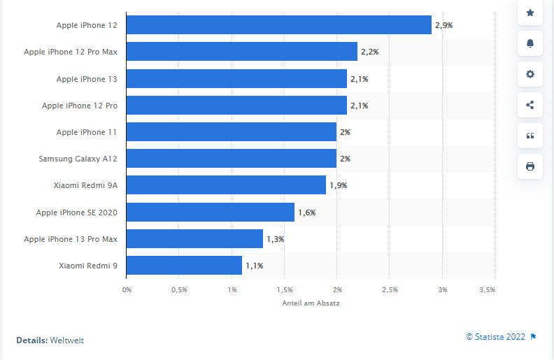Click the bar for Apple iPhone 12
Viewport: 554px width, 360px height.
pyautogui.click(x=278, y=25)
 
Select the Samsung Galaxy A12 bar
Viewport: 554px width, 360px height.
pyautogui.click(x=231, y=159)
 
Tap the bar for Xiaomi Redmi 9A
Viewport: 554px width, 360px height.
pyautogui.click(x=226, y=185)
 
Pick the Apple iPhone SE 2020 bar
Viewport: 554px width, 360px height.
pyautogui.click(x=210, y=212)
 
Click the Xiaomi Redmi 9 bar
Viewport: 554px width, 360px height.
pyautogui.click(x=184, y=266)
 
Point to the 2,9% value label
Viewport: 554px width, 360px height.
pyautogui.click(x=444, y=25)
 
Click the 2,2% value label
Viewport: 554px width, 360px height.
pyautogui.click(x=370, y=52)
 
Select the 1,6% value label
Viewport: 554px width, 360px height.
pyautogui.click(x=307, y=212)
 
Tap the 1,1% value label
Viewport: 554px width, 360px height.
pyautogui.click(x=255, y=266)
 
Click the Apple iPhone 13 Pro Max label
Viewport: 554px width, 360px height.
pyautogui.click(x=71, y=239)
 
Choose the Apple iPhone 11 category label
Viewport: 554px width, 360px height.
pyautogui.click(x=87, y=132)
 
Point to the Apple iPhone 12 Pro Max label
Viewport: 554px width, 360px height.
pyautogui.click(x=71, y=52)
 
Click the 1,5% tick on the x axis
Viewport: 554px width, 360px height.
pyautogui.click(x=285, y=289)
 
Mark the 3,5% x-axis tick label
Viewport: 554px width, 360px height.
pyautogui.click(x=488, y=289)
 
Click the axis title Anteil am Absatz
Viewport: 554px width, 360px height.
pyautogui.click(x=311, y=303)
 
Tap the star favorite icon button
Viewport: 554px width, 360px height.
pyautogui.click(x=530, y=13)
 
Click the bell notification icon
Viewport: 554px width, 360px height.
pyautogui.click(x=530, y=43)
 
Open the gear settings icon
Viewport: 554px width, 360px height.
pyautogui.click(x=530, y=74)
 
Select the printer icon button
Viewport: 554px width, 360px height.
pyautogui.click(x=530, y=166)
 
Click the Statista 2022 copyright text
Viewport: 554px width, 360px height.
pyautogui.click(x=496, y=336)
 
